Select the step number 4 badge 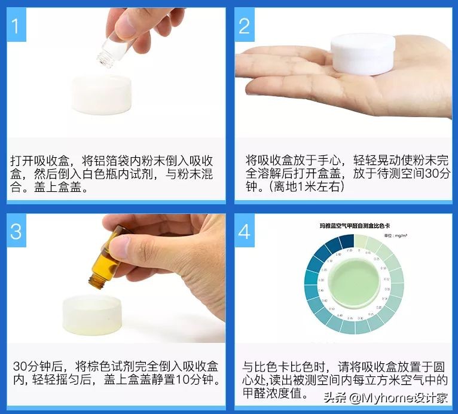pyautogui.click(x=244, y=231)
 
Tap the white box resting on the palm pyautogui.click(x=362, y=54)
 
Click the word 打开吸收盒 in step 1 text pyautogui.click(x=41, y=161)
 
